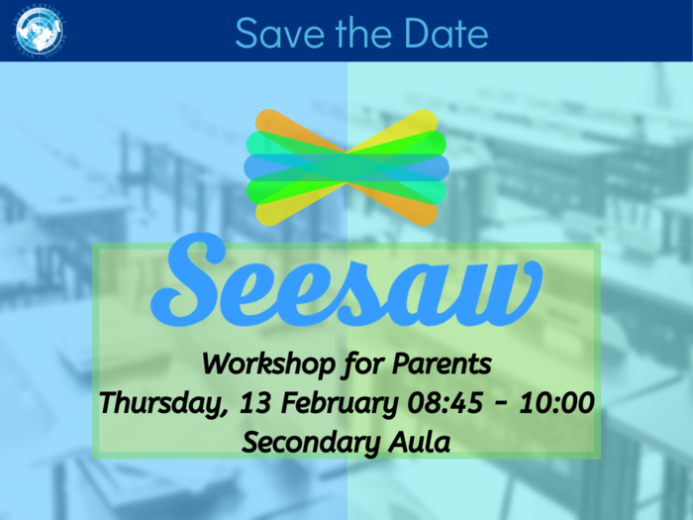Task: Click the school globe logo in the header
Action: (39, 32)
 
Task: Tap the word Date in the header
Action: (445, 33)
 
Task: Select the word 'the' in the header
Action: (364, 33)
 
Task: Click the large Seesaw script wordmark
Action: (346, 280)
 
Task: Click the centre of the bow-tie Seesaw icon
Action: (346, 167)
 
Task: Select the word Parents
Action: (442, 364)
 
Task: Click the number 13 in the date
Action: (255, 403)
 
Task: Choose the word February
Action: (340, 404)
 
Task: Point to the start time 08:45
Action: (445, 403)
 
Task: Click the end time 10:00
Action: (556, 403)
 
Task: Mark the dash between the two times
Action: (501, 404)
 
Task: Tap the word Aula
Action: (420, 442)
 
